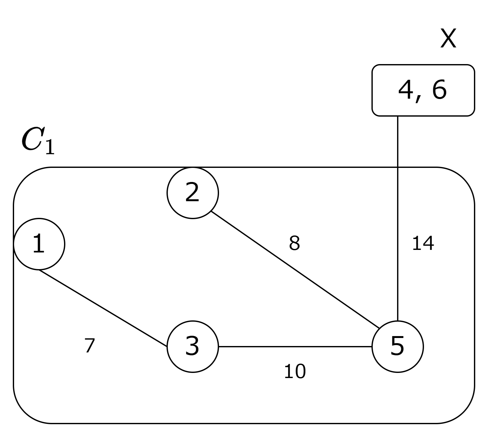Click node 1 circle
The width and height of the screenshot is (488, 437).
39,244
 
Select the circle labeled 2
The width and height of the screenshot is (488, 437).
192,193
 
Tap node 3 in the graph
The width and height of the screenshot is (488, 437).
192,346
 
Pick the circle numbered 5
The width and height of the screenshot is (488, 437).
397,346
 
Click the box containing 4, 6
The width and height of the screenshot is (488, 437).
423,90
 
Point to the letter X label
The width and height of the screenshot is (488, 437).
448,38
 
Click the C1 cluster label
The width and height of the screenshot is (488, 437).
38,141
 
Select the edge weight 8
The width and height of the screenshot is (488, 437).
294,243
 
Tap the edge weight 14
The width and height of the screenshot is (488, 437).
423,243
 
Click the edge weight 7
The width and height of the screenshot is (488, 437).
90,346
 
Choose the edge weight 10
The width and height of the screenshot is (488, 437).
295,372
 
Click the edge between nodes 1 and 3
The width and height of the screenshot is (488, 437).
102,308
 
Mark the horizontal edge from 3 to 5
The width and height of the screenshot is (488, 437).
295,346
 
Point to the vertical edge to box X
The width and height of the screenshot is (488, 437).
397,218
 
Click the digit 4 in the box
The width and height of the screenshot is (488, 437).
405,90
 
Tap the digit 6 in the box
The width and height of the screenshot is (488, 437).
439,90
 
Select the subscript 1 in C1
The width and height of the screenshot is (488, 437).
50,147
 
